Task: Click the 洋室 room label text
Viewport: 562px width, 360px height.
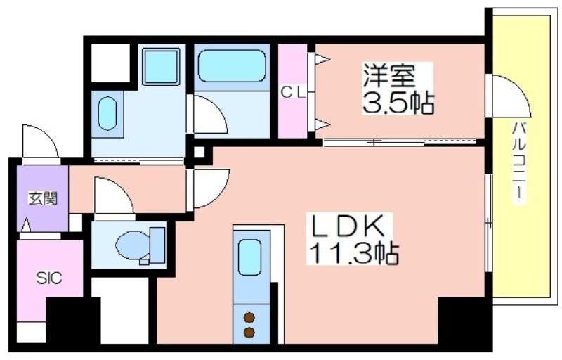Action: pyautogui.click(x=389, y=76)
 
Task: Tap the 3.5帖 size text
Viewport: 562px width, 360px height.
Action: pyautogui.click(x=398, y=103)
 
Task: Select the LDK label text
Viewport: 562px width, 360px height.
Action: pyautogui.click(x=347, y=226)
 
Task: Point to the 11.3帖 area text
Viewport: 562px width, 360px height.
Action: pyautogui.click(x=353, y=253)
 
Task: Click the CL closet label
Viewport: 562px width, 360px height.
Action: pyautogui.click(x=293, y=94)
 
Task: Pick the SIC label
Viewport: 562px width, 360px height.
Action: pyautogui.click(x=49, y=278)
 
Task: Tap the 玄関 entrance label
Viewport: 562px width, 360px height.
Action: pyautogui.click(x=43, y=198)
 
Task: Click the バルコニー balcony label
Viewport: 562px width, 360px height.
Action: pyautogui.click(x=520, y=163)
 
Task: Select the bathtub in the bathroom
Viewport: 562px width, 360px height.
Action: pyautogui.click(x=232, y=66)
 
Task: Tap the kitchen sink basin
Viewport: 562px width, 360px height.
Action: pyautogui.click(x=249, y=257)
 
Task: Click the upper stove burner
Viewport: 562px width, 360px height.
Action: pyautogui.click(x=249, y=318)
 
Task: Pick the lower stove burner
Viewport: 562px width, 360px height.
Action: pyautogui.click(x=249, y=333)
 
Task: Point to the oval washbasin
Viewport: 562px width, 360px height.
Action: pyautogui.click(x=107, y=113)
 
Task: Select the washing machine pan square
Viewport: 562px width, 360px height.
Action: pyautogui.click(x=161, y=67)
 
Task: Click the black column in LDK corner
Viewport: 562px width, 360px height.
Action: pyautogui.click(x=462, y=320)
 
